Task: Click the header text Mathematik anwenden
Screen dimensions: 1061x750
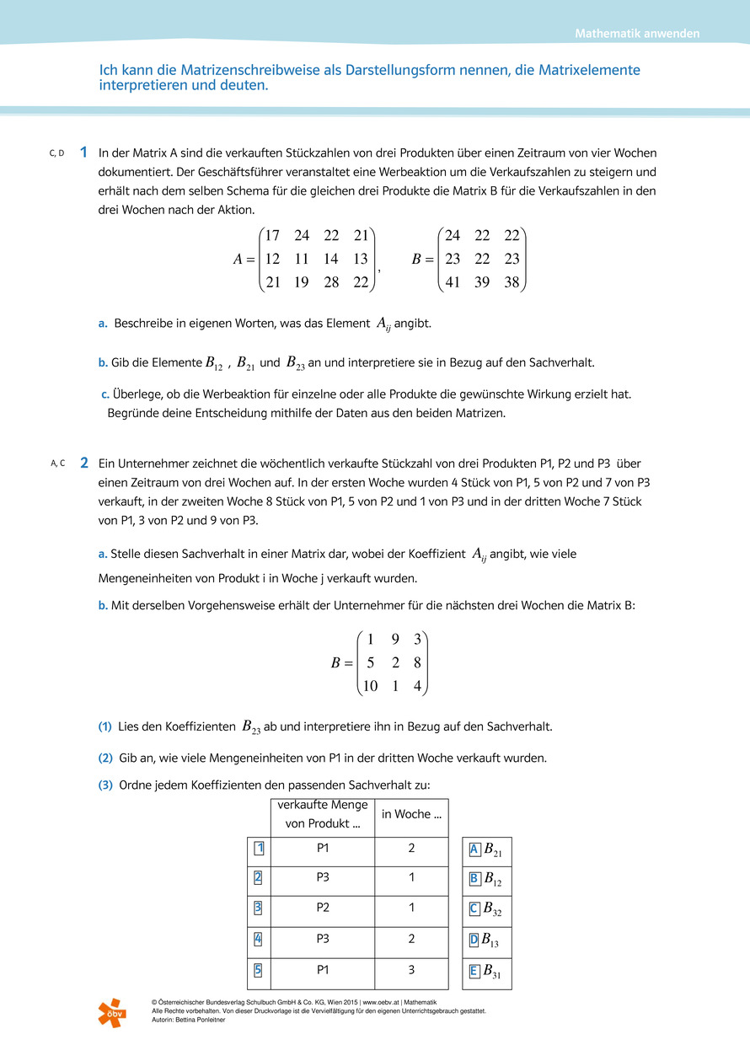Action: tap(637, 34)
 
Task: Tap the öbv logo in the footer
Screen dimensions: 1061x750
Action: tap(111, 1012)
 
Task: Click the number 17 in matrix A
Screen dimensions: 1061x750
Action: tap(273, 235)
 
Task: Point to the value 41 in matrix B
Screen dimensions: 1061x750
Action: tap(453, 282)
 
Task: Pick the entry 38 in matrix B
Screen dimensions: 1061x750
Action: tap(512, 282)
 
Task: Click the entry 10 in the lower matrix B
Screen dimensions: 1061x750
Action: tap(370, 686)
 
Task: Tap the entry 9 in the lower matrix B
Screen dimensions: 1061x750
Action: tap(395, 639)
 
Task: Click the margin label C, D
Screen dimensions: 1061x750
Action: tap(56, 153)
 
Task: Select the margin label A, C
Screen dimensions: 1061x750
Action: tap(57, 463)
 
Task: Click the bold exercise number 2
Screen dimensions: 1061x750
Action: tap(83, 463)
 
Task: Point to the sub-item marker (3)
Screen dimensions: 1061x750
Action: tap(105, 785)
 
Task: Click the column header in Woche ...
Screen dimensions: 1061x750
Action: tap(411, 814)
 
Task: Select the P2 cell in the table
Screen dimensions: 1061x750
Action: tap(323, 908)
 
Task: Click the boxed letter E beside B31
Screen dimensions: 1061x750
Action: tap(474, 971)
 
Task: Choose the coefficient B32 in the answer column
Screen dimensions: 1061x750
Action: tap(492, 909)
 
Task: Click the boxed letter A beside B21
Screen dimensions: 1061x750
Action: tap(474, 849)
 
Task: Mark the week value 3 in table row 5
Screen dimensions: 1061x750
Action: tap(411, 969)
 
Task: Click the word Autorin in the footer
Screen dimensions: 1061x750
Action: tap(164, 1020)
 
